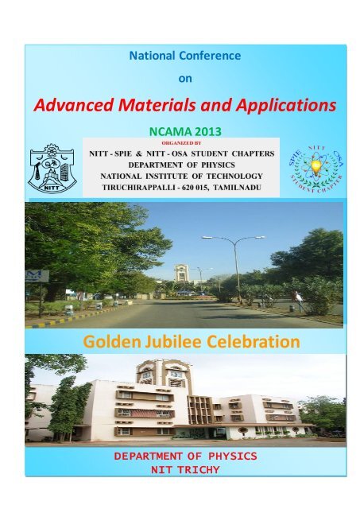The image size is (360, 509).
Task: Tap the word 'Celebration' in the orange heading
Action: tap(255, 343)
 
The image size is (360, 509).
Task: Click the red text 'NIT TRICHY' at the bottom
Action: tap(180, 469)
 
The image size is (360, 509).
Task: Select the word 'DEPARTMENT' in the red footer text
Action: tap(149, 457)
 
